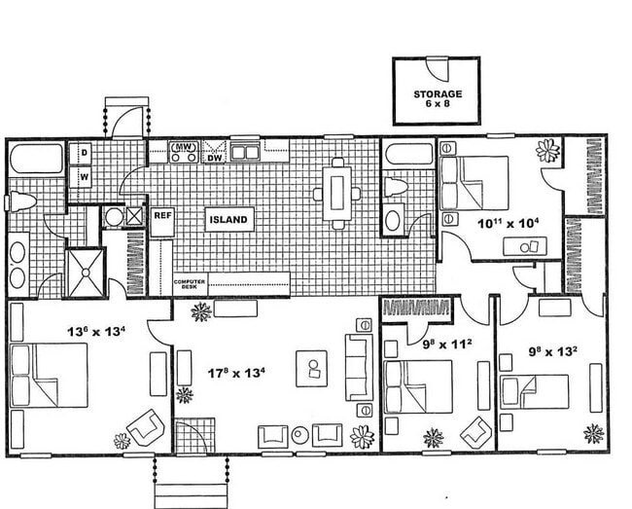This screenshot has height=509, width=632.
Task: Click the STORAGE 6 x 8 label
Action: (437, 99)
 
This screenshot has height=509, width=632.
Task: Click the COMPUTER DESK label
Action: (189, 284)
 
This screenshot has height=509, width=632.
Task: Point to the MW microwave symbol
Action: (184, 150)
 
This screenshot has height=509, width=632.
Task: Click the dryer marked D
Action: (84, 153)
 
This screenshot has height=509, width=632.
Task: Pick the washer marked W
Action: (84, 177)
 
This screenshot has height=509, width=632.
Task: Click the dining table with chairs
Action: (337, 193)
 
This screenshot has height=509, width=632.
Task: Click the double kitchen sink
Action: (244, 152)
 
